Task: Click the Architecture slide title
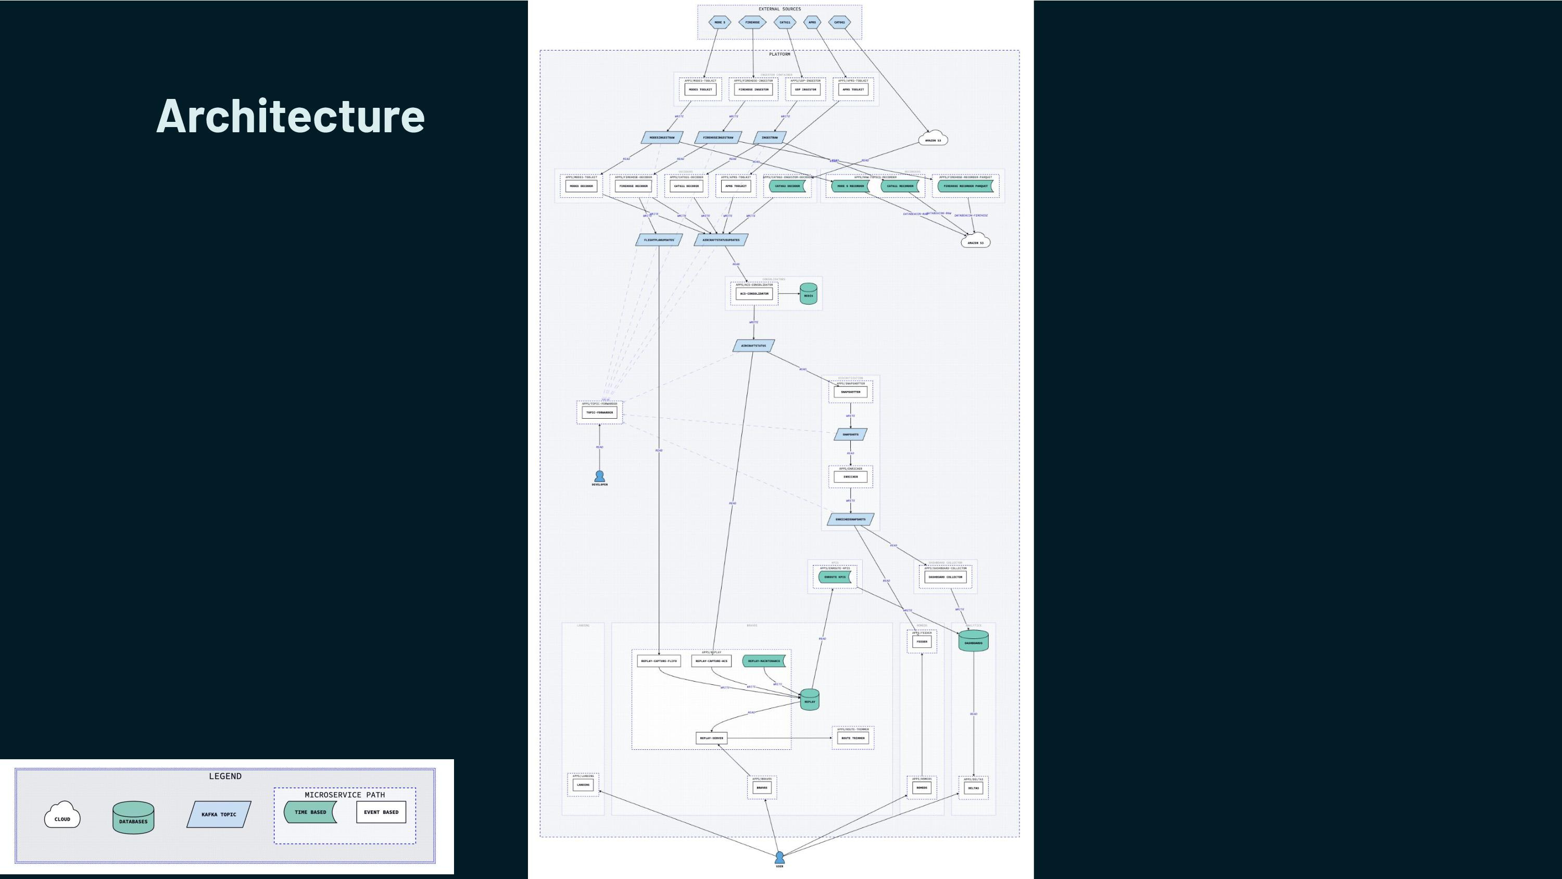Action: (x=291, y=116)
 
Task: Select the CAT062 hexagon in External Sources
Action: (x=839, y=22)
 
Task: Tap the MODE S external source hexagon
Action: (x=720, y=22)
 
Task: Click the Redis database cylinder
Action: (x=808, y=294)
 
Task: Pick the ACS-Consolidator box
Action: (x=754, y=294)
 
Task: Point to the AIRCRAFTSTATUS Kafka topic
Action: (x=754, y=346)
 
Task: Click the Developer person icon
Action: (x=600, y=476)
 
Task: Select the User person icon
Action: (x=779, y=857)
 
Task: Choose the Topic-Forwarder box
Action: (x=600, y=412)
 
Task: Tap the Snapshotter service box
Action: (x=851, y=392)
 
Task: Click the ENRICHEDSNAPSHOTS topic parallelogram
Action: (x=851, y=519)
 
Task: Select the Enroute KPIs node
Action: (x=835, y=577)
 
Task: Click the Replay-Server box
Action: (x=711, y=738)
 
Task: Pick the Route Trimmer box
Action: (x=853, y=738)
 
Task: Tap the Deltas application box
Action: (x=973, y=788)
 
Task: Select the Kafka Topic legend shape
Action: (x=219, y=814)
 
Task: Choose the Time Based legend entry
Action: (x=310, y=812)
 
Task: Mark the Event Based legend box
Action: (x=381, y=812)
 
